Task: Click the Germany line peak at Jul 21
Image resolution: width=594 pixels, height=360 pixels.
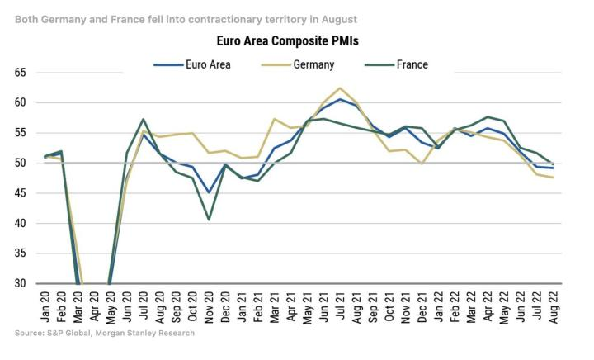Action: click(340, 88)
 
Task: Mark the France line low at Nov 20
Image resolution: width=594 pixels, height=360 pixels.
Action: click(210, 219)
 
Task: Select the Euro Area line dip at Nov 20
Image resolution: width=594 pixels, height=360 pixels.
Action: click(210, 192)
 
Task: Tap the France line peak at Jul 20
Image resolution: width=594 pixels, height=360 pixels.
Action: click(144, 119)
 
